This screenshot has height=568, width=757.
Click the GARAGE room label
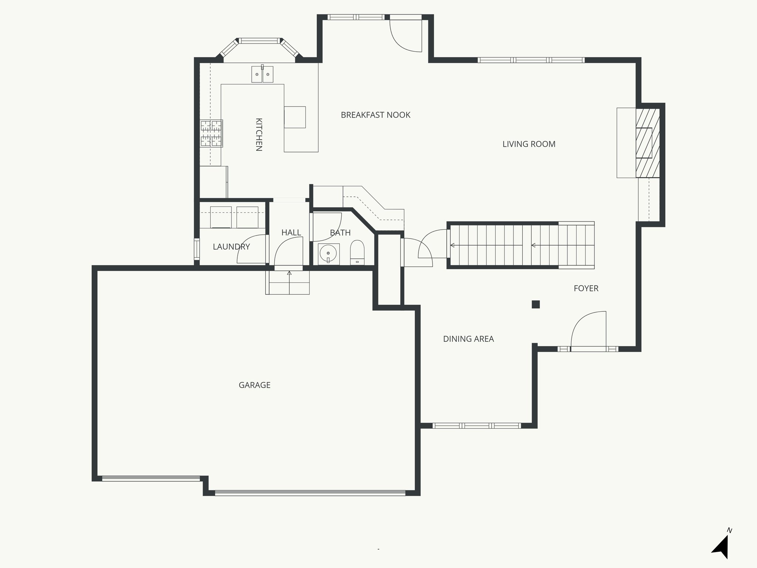tap(254, 385)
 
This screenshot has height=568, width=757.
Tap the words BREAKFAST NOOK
tap(375, 115)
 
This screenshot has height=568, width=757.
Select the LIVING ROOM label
tap(529, 144)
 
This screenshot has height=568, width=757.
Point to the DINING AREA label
tap(468, 339)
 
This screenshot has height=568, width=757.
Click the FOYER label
tap(586, 288)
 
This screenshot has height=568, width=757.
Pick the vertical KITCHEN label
tap(259, 135)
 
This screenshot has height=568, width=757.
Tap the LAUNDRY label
tap(231, 247)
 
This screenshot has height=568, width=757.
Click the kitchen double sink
tap(262, 74)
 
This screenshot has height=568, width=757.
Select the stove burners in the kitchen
tap(211, 133)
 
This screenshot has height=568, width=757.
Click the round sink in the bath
tap(328, 254)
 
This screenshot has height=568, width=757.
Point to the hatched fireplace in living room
tap(647, 143)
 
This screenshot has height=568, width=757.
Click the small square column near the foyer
tap(536, 304)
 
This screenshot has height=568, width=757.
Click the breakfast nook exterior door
tap(406, 35)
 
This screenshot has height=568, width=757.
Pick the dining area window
tap(476, 426)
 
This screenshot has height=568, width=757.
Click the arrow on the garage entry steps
tap(289, 273)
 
